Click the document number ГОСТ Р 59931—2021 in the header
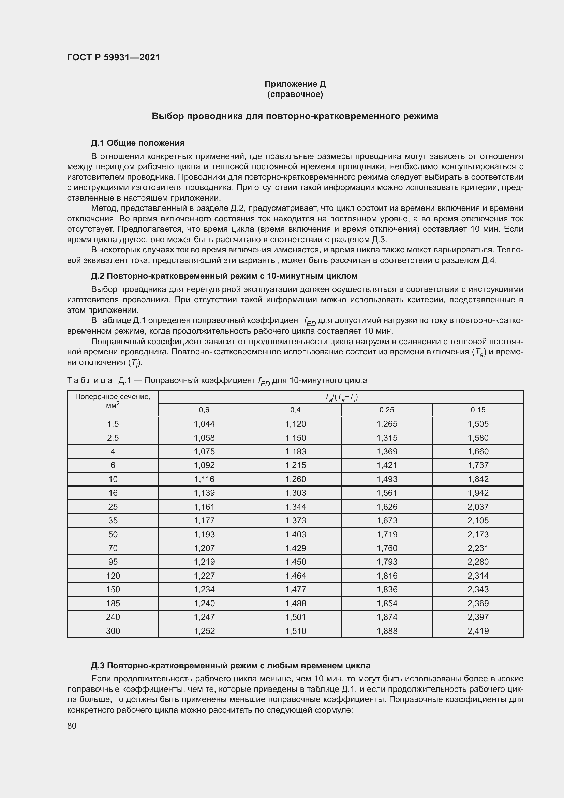click(x=114, y=57)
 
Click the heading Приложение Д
click(x=295, y=84)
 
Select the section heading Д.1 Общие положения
click(x=137, y=143)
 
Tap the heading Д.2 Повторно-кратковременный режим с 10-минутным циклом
click(x=224, y=276)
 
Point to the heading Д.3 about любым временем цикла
click(x=231, y=666)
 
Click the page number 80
click(x=72, y=726)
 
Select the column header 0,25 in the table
click(x=387, y=410)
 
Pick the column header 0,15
click(x=478, y=410)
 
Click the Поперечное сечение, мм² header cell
click(x=113, y=401)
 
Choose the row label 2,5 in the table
click(x=113, y=438)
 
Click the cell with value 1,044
click(x=204, y=424)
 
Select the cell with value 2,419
click(x=478, y=631)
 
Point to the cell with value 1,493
click(x=387, y=479)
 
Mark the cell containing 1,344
click(x=296, y=507)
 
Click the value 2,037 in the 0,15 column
click(x=478, y=507)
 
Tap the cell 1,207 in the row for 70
click(x=204, y=548)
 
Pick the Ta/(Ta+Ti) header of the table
click(x=341, y=397)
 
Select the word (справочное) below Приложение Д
click(x=295, y=94)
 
